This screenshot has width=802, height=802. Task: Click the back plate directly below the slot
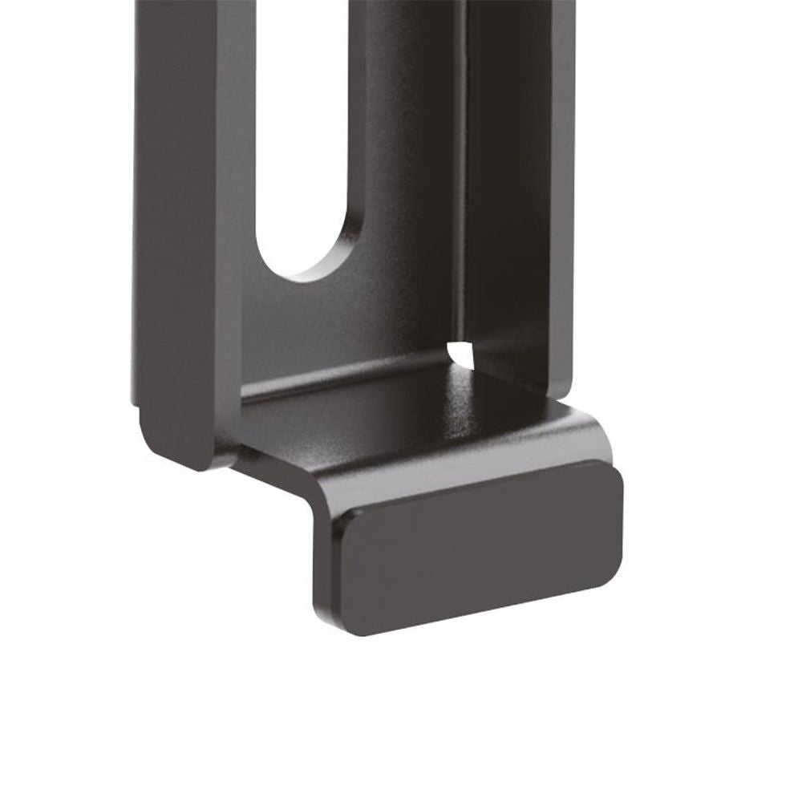click(321, 329)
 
